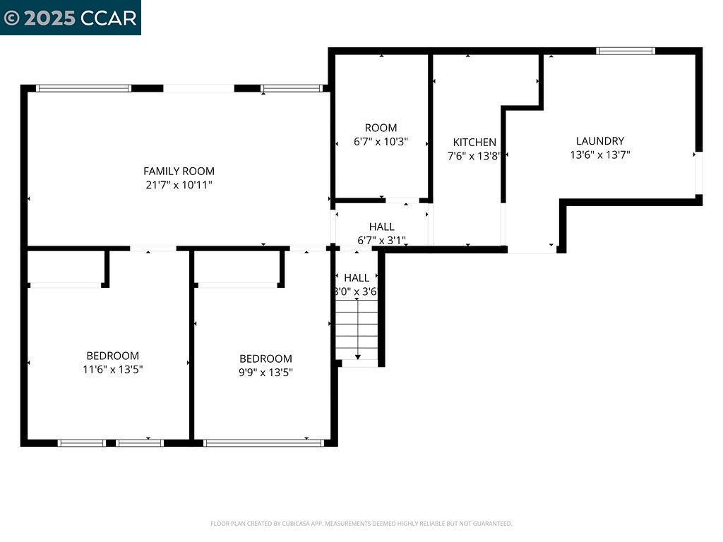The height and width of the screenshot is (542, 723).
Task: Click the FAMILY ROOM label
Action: point(179,171)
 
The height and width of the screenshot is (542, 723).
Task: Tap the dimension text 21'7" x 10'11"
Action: point(179,185)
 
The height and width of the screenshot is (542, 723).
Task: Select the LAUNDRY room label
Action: point(599,141)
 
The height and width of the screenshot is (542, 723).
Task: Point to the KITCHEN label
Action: point(474,143)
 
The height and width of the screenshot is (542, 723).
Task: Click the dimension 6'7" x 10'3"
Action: point(381,141)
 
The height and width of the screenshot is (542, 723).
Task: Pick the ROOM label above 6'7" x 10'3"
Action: point(381,128)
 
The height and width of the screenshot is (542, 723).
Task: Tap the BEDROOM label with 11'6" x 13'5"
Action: point(112,356)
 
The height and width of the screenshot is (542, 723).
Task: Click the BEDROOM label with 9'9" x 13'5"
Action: point(265,359)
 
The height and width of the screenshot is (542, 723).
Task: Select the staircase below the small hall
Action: point(357,328)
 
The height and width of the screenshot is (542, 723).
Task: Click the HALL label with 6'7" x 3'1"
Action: point(381,227)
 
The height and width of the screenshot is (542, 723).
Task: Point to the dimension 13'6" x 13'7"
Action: point(599,155)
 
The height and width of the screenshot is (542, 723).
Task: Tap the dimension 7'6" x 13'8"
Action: point(474,156)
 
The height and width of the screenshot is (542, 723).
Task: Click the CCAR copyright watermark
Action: point(70,18)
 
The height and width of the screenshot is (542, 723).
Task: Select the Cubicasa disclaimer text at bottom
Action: point(361,524)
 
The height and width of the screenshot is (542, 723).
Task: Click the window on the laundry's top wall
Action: point(625,51)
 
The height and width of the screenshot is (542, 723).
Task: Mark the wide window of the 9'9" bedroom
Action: point(263,443)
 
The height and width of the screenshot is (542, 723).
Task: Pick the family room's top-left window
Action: point(83,88)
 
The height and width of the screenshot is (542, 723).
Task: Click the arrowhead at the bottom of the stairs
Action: point(358,357)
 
